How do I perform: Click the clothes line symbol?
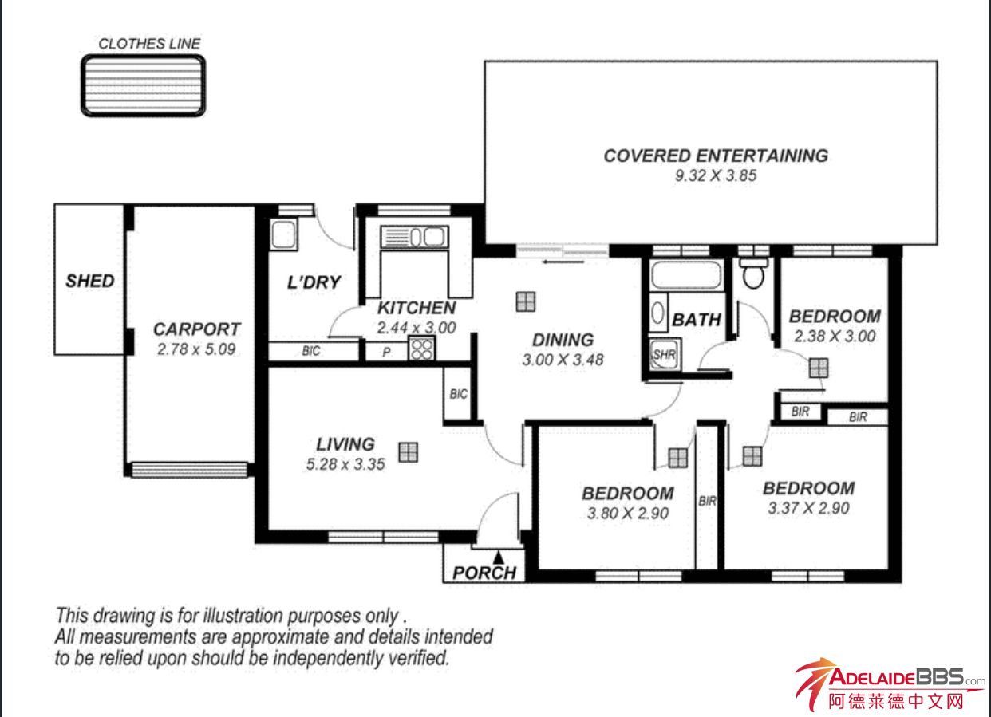[144, 86]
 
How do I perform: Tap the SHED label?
[90, 282]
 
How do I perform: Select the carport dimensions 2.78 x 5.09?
[196, 349]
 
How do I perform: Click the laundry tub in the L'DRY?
[283, 234]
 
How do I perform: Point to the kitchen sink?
[415, 237]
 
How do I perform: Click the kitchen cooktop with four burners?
[421, 349]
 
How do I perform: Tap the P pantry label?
[386, 352]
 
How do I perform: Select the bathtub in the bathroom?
[685, 275]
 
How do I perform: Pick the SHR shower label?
[665, 354]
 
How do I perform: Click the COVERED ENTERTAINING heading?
[716, 156]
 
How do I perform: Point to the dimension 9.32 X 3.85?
[716, 175]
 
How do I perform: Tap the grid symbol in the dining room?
[526, 301]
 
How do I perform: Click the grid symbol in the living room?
[408, 452]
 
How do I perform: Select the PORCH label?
[484, 573]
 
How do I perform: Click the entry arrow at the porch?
[499, 557]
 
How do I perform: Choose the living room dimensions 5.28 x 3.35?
[345, 464]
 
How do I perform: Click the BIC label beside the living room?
[458, 394]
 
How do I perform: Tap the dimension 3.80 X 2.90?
[628, 513]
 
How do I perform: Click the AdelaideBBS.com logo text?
[902, 677]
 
